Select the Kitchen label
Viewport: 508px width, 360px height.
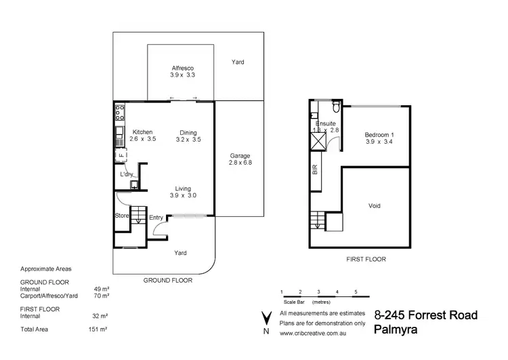142,132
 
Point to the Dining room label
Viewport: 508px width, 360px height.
188,132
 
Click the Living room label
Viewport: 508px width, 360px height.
182,189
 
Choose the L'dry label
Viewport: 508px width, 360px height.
126,174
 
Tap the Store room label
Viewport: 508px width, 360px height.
121,216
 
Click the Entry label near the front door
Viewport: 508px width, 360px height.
156,217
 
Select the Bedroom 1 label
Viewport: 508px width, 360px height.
379,135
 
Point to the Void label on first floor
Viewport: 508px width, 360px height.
375,205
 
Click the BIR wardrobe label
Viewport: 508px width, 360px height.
315,170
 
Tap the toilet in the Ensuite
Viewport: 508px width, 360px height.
335,108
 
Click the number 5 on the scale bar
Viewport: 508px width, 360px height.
356,291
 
